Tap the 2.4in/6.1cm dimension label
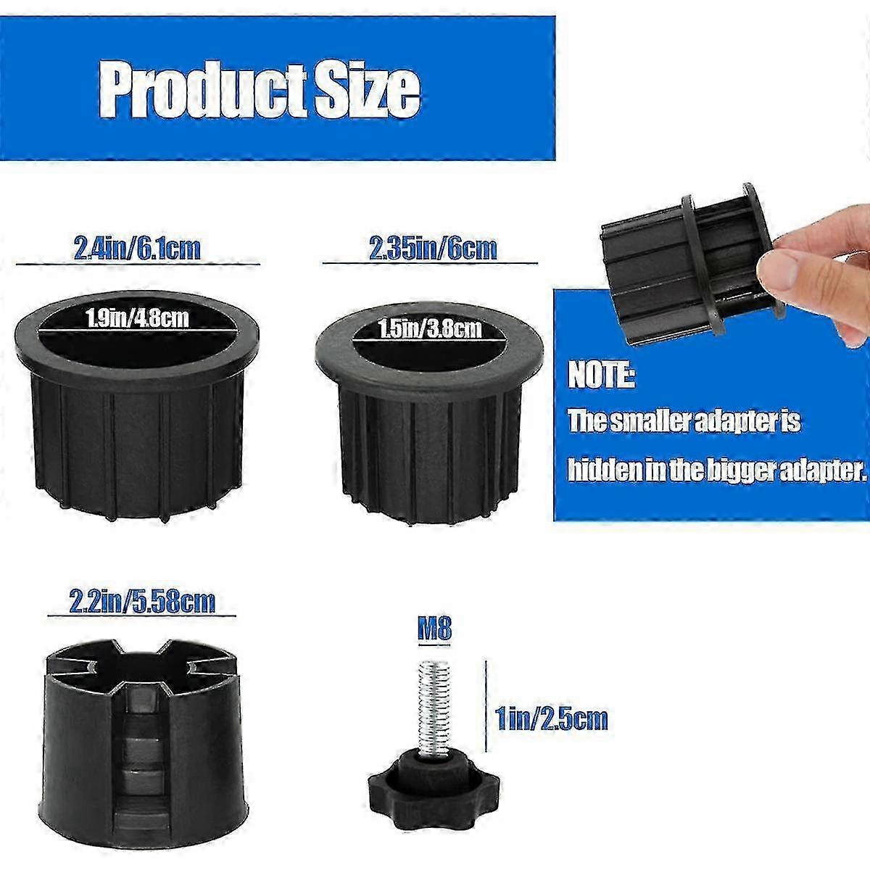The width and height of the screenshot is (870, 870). [137, 249]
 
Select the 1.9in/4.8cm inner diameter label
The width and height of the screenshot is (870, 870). [137, 317]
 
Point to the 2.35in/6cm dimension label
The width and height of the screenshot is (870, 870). [434, 249]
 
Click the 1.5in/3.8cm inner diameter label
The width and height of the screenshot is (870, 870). [429, 329]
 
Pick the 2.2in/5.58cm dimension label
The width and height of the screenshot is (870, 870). [142, 602]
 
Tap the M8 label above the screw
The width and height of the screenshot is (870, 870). [434, 629]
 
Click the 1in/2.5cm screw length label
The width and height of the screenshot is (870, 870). [551, 719]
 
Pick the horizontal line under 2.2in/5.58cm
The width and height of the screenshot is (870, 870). [142, 617]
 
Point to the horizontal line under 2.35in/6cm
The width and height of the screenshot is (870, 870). [430, 263]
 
